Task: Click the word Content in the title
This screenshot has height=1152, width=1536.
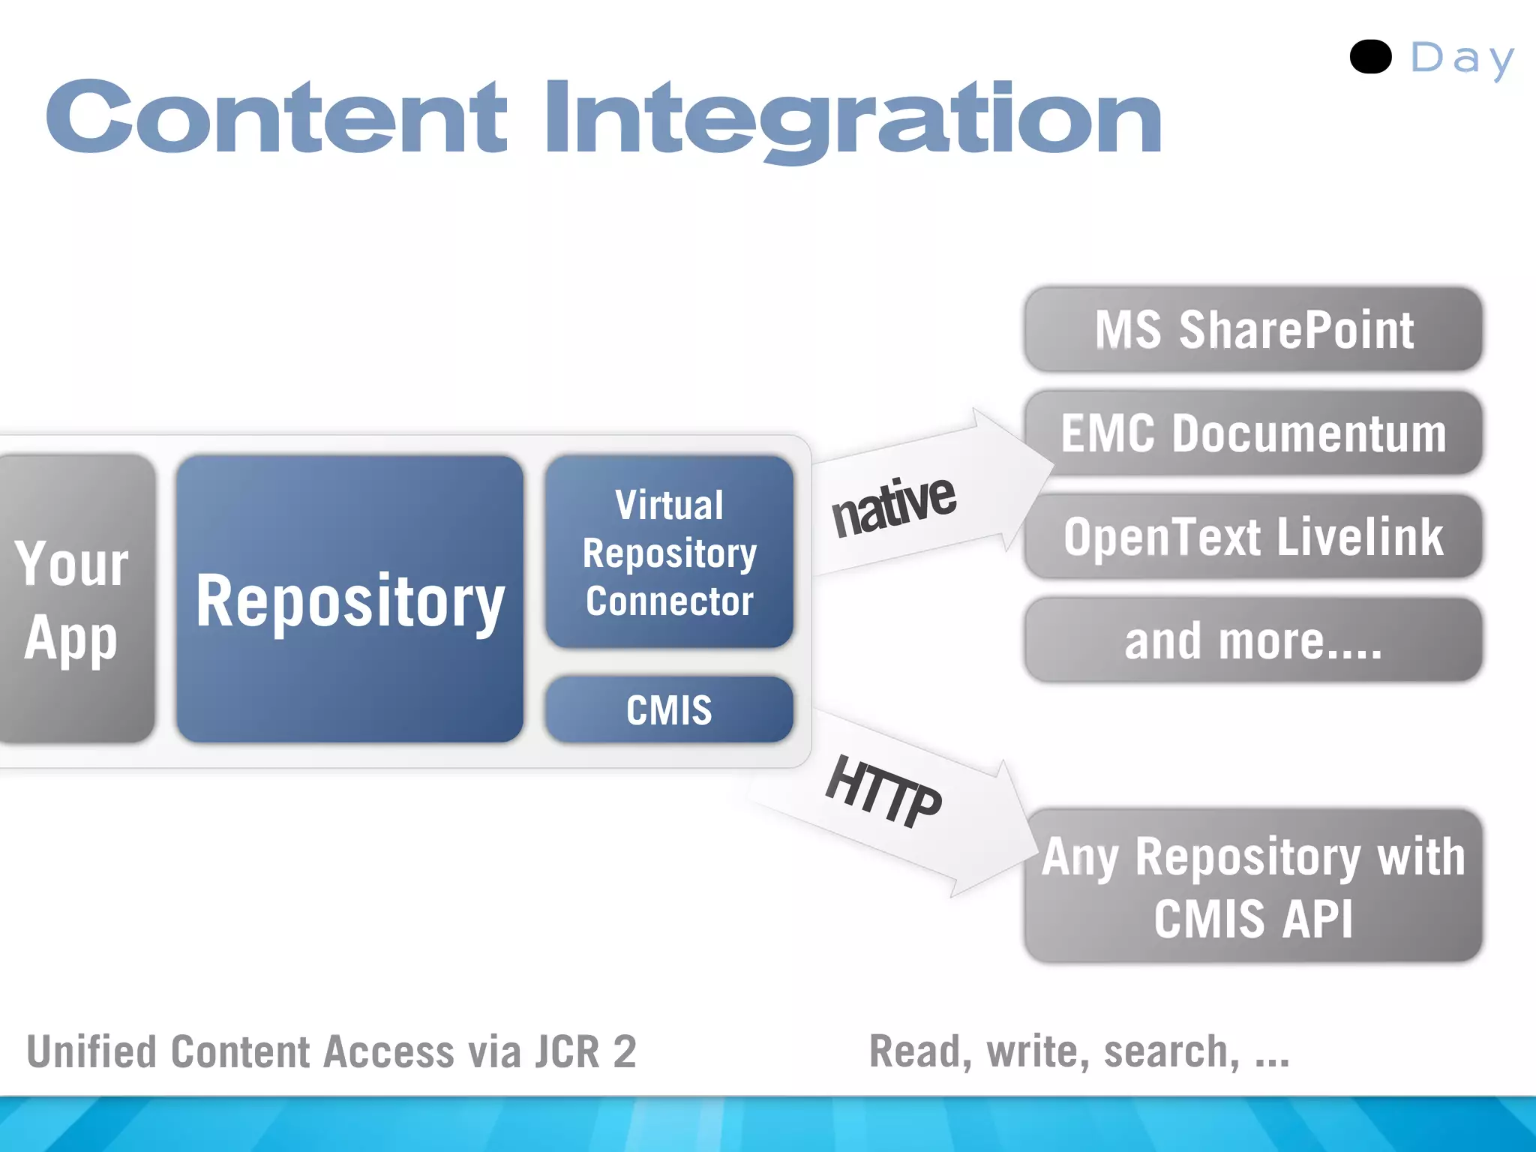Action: (x=276, y=118)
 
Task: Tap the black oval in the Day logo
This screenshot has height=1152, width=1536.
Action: (x=1370, y=57)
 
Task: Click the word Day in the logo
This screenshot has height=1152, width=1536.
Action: (x=1462, y=58)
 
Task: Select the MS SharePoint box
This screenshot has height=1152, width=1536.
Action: (x=1253, y=330)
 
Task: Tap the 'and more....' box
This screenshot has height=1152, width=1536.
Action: (x=1253, y=640)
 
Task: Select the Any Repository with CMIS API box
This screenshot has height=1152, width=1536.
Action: (x=1253, y=886)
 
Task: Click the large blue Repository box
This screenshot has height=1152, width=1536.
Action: (x=349, y=599)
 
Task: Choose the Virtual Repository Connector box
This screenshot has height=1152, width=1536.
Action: (x=669, y=553)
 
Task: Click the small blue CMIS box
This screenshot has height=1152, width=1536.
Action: (x=669, y=709)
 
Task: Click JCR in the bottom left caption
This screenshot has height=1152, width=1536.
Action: (x=566, y=1051)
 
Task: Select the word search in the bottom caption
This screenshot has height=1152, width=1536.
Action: (x=1171, y=1051)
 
